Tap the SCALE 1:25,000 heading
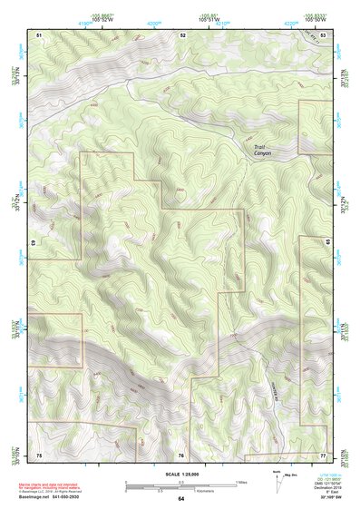click(180, 474)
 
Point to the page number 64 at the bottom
click(180, 499)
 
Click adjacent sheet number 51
click(39, 34)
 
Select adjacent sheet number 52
click(182, 34)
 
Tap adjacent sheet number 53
click(323, 34)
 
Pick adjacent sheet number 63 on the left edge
click(34, 243)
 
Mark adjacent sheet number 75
click(39, 454)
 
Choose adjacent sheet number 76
click(181, 454)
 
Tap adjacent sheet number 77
click(323, 454)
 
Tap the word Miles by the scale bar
click(241, 482)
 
